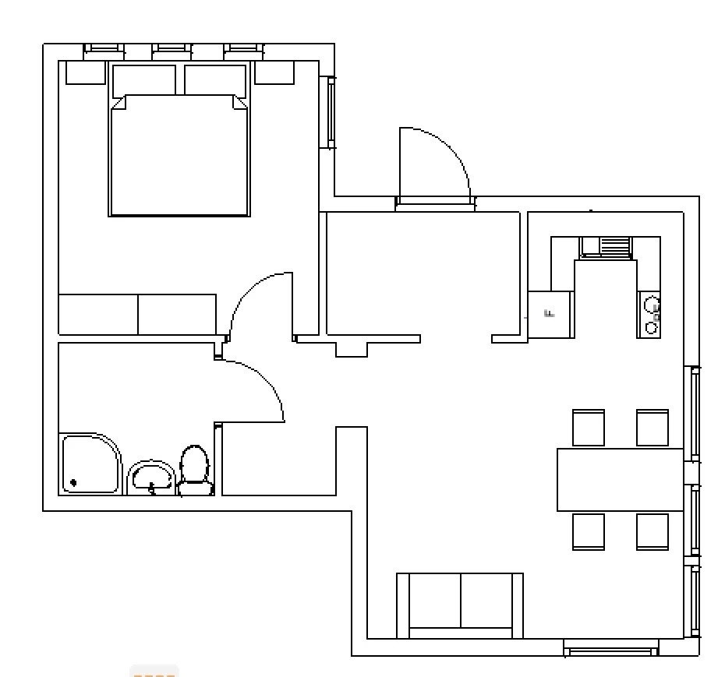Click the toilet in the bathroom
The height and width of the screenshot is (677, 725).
pos(194,470)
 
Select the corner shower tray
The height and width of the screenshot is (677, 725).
pos(90,464)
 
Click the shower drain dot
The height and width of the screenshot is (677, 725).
pos(73,483)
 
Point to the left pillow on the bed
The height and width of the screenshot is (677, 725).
pos(144,80)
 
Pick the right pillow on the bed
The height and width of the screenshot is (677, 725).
pos(215,80)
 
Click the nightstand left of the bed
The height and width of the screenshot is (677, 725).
pos(85,72)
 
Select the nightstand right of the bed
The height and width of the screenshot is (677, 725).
pos(274,72)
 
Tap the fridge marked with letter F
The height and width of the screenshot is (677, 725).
pos(550,314)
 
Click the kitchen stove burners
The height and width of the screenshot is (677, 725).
pos(650,314)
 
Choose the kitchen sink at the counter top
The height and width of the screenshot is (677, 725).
pos(606,247)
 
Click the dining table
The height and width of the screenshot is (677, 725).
pos(620,479)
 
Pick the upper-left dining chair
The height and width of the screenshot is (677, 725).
pos(589,427)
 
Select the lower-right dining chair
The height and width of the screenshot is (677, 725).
pos(652,531)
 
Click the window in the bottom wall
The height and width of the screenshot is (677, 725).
pos(610,647)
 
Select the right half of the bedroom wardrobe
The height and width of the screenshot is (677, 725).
pos(177,314)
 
